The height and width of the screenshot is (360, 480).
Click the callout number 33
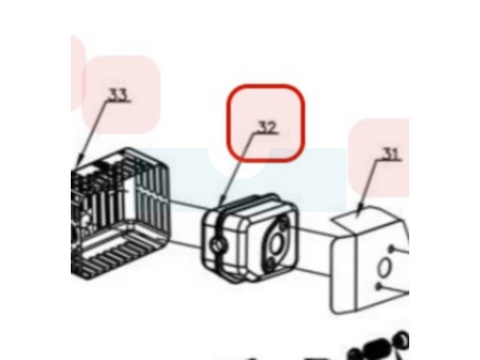[118, 95]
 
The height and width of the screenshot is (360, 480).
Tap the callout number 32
[267, 127]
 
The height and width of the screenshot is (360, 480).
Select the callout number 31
[391, 154]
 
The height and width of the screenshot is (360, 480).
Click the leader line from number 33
[93, 132]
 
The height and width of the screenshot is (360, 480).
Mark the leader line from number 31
[369, 186]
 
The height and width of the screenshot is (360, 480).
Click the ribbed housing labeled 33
[120, 214]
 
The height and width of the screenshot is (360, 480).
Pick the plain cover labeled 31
[370, 260]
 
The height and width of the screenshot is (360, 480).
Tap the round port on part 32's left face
[218, 244]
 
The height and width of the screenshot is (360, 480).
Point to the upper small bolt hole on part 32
[284, 224]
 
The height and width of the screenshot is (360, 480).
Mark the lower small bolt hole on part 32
[269, 263]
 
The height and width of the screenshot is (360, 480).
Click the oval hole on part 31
[384, 268]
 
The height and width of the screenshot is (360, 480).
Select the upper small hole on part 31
[391, 248]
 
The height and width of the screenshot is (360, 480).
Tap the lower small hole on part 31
[379, 286]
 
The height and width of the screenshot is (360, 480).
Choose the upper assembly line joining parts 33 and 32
[189, 205]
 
